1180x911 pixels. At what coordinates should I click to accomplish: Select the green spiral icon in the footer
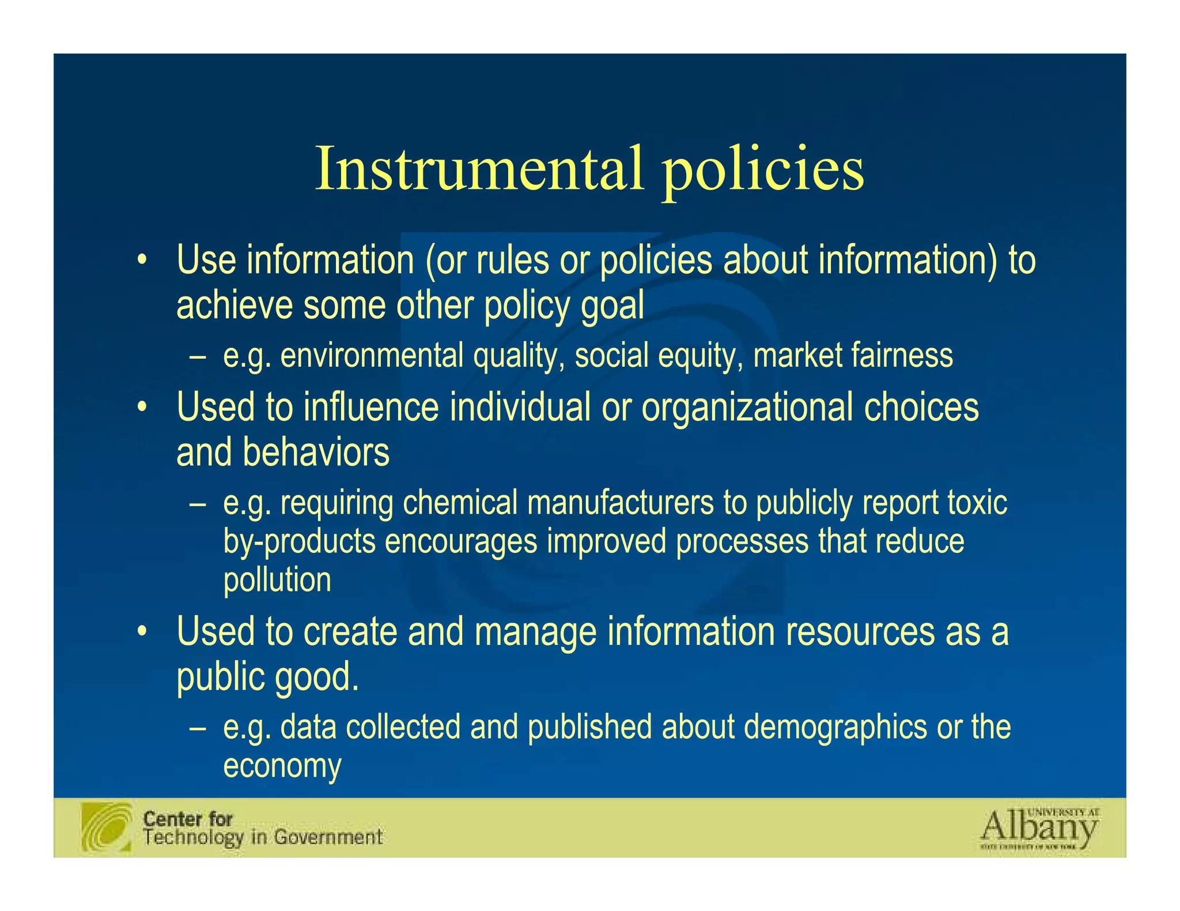[x=107, y=826]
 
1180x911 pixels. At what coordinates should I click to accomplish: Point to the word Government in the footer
[x=328, y=837]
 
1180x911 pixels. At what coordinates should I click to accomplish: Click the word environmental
[x=372, y=355]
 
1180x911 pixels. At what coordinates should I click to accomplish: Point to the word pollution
[x=277, y=580]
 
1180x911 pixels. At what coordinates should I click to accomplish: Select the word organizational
[x=747, y=407]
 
